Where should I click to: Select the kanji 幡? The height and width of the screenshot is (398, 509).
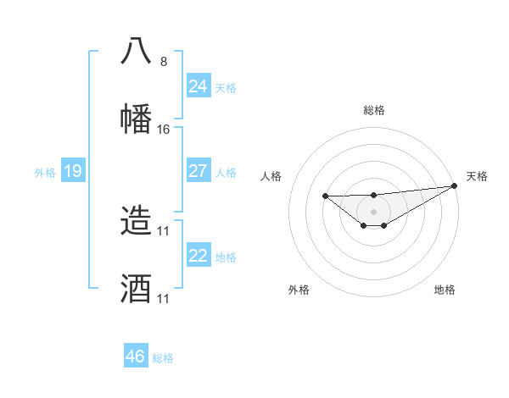pos(136,118)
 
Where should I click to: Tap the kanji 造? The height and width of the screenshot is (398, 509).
pos(136,219)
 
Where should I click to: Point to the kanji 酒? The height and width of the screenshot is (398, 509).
pos(136,288)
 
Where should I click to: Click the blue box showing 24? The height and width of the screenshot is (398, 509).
pos(198,86)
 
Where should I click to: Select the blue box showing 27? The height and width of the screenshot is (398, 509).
pos(198,171)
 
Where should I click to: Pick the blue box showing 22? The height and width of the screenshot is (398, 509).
pos(198,256)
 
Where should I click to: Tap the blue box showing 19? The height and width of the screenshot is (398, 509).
pos(72,172)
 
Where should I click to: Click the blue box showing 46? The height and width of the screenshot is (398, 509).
pos(135,357)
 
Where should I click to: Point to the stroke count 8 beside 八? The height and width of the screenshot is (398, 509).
pos(163,61)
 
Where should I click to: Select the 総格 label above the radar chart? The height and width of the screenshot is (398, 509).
pos(373,110)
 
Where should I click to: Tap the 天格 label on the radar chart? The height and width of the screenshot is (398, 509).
pos(477,176)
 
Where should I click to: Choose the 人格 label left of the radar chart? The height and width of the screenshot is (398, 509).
pos(271,176)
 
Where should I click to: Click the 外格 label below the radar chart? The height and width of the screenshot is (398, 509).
pos(299,290)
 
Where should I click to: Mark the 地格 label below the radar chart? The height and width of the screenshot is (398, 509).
pos(445,290)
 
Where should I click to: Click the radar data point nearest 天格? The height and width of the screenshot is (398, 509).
pos(455,185)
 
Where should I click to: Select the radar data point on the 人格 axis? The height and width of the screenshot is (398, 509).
pos(325,196)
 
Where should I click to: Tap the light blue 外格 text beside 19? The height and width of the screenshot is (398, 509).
pos(45,173)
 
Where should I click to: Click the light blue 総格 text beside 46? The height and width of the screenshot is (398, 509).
pos(163,358)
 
